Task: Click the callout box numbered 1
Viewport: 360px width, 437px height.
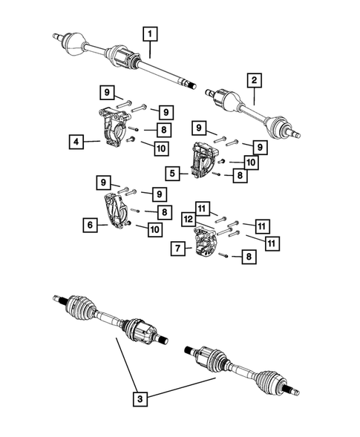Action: tap(151, 33)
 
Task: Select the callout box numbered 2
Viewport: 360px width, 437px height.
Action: tap(254, 79)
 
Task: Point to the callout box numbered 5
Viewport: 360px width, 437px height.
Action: tap(172, 174)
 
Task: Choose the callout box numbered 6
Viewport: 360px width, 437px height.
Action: tap(88, 222)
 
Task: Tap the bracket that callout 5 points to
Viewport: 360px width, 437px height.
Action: tap(205, 160)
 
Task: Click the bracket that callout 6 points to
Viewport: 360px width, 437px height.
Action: tap(116, 211)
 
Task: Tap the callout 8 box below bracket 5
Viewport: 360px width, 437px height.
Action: tap(238, 176)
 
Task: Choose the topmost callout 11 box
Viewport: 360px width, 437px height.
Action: tap(203, 207)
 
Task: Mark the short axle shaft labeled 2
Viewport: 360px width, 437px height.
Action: tap(252, 111)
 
